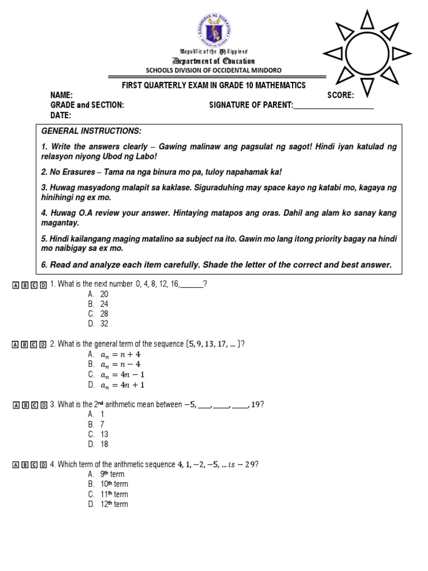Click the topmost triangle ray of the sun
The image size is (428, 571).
click(367, 20)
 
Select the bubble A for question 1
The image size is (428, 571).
click(16, 285)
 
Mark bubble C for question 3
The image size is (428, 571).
click(35, 405)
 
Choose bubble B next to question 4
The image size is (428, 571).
click(25, 465)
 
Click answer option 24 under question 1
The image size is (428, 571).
click(104, 304)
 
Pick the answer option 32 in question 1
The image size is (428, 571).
click(104, 323)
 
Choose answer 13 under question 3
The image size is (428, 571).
click(104, 434)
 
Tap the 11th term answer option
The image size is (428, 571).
click(114, 494)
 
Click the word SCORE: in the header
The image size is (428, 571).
click(341, 95)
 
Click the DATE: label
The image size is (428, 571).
click(61, 115)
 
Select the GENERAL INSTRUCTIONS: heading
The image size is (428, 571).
click(91, 130)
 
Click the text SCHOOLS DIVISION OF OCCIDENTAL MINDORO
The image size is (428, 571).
click(213, 70)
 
